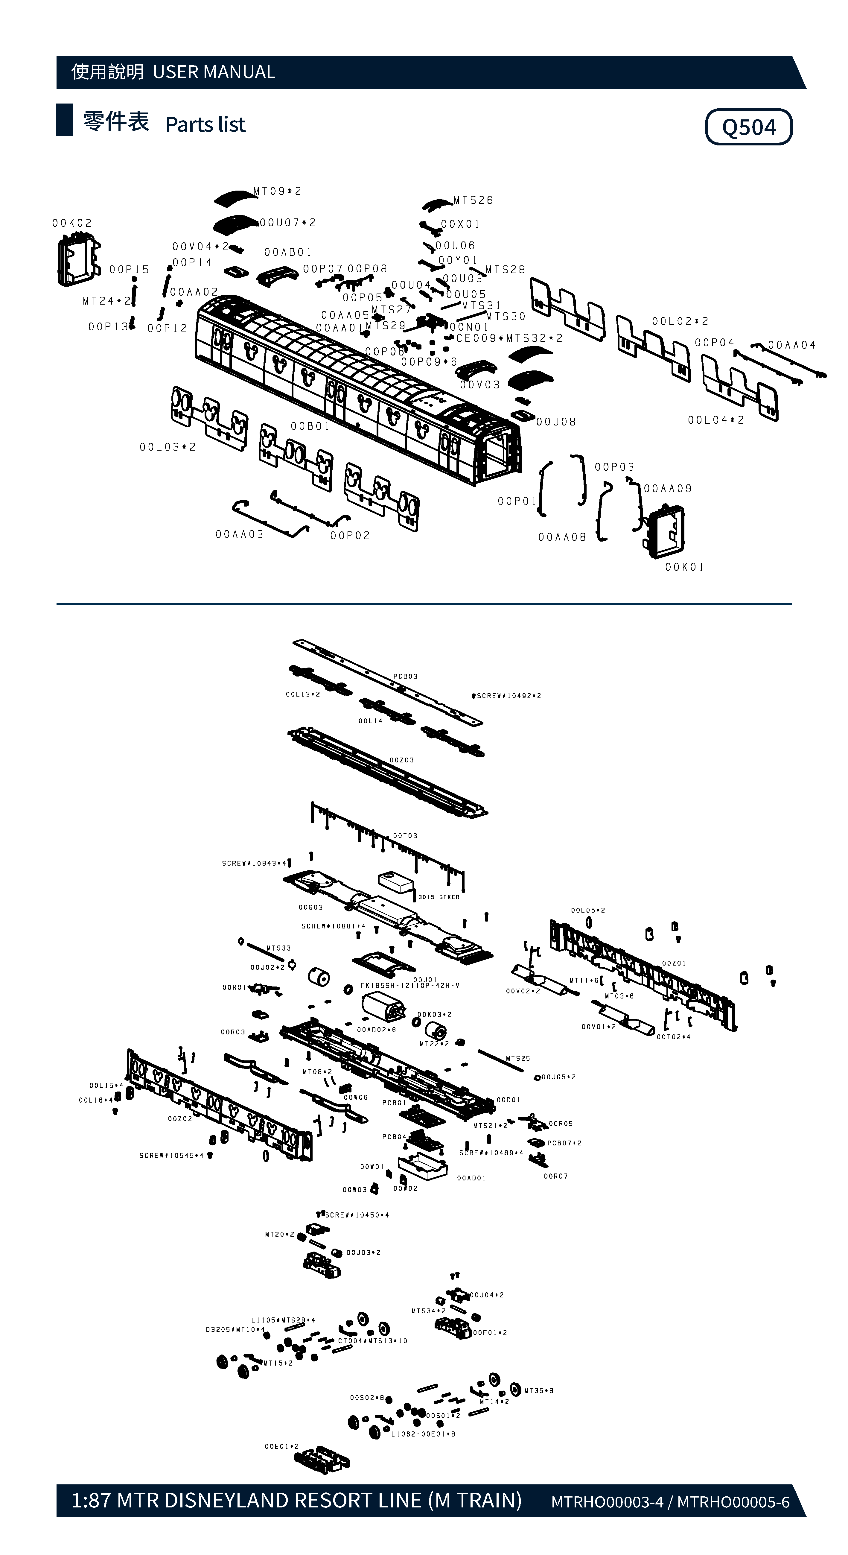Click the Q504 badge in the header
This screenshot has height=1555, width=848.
pyautogui.click(x=748, y=127)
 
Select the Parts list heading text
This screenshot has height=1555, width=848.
pyautogui.click(x=205, y=124)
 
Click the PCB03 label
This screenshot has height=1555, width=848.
pyautogui.click(x=406, y=676)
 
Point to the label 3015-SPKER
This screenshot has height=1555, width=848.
pyautogui.click(x=439, y=897)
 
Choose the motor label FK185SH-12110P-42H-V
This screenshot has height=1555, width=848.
pyautogui.click(x=410, y=986)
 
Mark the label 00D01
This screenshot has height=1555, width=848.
pyautogui.click(x=508, y=1100)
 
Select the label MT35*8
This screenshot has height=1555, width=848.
pyautogui.click(x=538, y=1391)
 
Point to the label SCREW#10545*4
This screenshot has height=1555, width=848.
pyautogui.click(x=171, y=1155)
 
